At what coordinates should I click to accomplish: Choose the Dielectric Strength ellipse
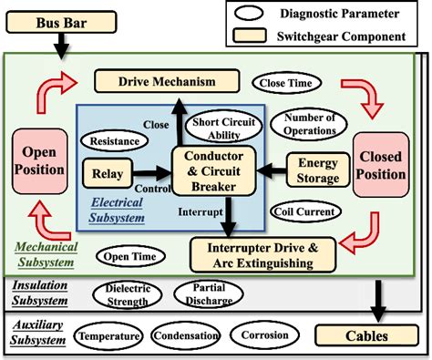[x=128, y=294]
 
